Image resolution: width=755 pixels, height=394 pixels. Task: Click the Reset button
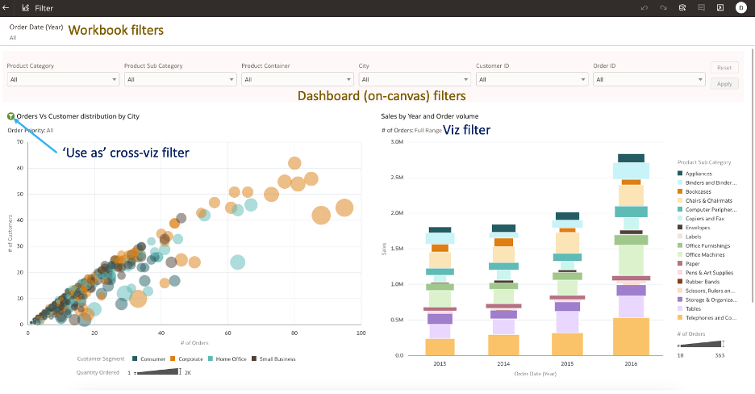pos(724,68)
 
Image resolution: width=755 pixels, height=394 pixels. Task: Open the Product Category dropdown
pos(63,79)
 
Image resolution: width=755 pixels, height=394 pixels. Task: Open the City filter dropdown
pos(415,79)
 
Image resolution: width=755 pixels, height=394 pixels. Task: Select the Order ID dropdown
pos(649,79)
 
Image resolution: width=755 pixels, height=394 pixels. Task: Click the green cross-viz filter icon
pos(10,116)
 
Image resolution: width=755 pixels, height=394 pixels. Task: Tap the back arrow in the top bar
pos(6,7)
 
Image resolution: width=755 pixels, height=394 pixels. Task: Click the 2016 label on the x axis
pos(631,364)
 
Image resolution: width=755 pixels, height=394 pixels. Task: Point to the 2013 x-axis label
pos(439,364)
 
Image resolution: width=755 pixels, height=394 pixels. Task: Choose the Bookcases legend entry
pos(699,191)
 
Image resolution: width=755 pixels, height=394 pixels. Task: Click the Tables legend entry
pos(694,308)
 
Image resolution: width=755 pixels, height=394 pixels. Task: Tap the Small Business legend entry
pos(276,358)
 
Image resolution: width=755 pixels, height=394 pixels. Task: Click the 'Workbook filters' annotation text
pos(115,30)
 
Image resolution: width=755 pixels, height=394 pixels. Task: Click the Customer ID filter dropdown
pos(532,79)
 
